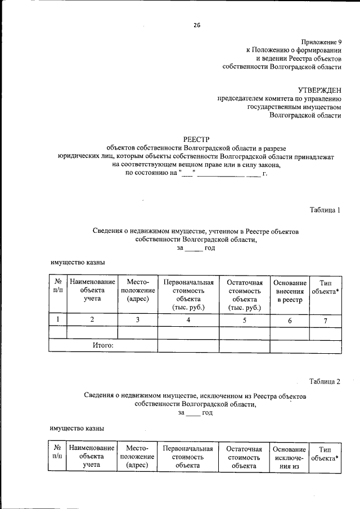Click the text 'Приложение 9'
pyautogui.click(x=321, y=42)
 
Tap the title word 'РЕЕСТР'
pyautogui.click(x=196, y=139)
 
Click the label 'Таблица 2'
pyautogui.click(x=325, y=382)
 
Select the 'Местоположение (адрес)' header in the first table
pyautogui.click(x=137, y=291)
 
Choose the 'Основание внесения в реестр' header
pyautogui.click(x=290, y=291)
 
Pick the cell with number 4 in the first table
pyautogui.click(x=188, y=320)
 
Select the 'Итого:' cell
pyautogui.click(x=103, y=345)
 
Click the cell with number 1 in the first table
pyautogui.click(x=57, y=320)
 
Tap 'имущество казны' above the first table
pyautogui.click(x=78, y=263)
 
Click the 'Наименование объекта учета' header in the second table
pyautogui.click(x=92, y=457)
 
